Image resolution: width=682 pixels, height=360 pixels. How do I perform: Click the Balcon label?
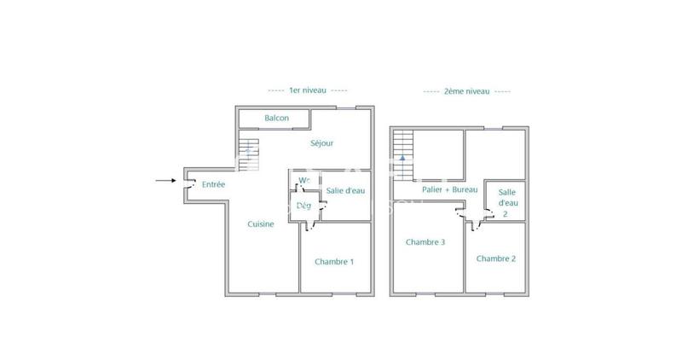click(276, 118)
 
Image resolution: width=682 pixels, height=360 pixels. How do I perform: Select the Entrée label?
click(213, 183)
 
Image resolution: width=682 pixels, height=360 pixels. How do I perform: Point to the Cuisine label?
click(261, 224)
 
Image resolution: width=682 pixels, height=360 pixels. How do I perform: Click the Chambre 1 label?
click(333, 261)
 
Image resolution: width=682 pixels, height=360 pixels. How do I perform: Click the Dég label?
click(303, 205)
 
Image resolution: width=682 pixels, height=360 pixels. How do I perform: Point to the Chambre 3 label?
click(425, 241)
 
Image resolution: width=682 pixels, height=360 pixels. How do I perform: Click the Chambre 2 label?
click(496, 258)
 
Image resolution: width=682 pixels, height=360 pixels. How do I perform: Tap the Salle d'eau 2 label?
click(506, 204)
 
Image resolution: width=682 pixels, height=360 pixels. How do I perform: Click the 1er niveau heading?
click(307, 90)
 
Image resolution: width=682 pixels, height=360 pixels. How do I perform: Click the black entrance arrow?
click(165, 181)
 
